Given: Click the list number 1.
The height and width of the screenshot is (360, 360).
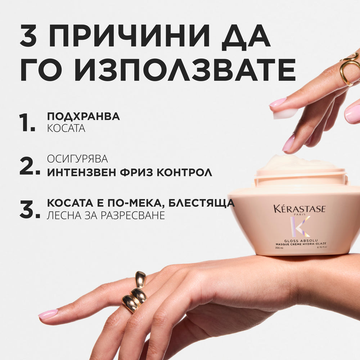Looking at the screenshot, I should point(27,122).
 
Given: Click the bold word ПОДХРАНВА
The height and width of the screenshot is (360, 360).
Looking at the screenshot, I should point(84,116).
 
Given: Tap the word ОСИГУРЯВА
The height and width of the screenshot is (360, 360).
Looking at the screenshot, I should point(77,159).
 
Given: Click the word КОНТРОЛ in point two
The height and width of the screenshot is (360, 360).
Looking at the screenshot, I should point(187,172).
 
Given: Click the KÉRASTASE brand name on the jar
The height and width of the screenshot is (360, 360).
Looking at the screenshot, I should point(299,209).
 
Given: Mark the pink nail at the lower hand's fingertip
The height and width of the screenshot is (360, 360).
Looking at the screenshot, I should point(48,314).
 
